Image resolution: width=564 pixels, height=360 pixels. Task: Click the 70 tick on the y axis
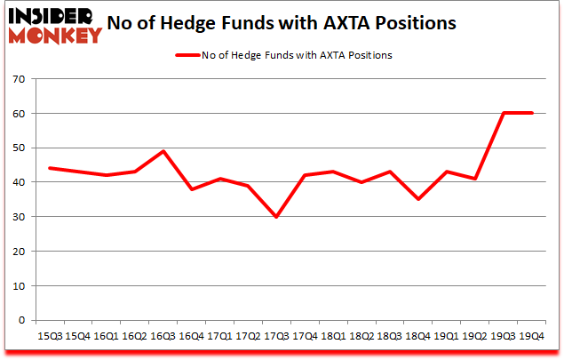point(18,80)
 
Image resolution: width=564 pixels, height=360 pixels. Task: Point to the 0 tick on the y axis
point(21,321)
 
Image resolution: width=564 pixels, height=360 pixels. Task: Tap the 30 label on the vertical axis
point(18,218)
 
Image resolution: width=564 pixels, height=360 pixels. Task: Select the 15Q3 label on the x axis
point(48,337)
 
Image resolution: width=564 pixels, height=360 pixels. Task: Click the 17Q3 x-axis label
point(276,337)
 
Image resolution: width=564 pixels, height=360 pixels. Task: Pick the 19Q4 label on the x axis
point(532,337)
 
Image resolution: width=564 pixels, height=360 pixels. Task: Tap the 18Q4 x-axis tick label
point(418,337)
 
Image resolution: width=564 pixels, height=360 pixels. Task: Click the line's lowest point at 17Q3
point(276,217)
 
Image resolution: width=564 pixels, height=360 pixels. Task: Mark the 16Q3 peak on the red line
point(163,151)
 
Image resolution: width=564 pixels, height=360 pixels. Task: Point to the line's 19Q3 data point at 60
point(504,113)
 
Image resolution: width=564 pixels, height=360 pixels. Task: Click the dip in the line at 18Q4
point(418,200)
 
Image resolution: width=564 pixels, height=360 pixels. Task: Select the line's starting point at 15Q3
point(49,168)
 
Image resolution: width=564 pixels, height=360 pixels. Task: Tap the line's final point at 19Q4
point(532,113)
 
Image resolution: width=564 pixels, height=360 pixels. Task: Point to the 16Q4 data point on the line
point(191,189)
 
